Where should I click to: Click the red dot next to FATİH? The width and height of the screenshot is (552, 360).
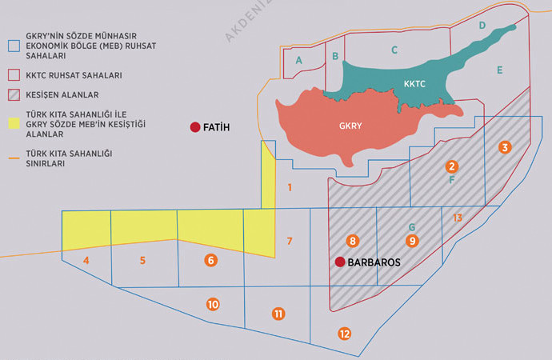coord(194,127)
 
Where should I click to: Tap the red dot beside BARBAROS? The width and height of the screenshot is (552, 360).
coord(340,262)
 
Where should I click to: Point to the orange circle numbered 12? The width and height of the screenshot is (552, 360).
coord(345,333)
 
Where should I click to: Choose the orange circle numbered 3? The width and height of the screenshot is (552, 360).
coord(504,147)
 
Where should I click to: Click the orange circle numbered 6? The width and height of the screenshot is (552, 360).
coord(210,260)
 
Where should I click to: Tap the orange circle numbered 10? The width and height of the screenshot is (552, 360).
coord(212,304)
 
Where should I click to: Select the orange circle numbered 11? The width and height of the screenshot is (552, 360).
coord(278,314)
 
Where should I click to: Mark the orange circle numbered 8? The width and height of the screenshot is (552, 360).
coord(353,240)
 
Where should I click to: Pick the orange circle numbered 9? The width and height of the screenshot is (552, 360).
coord(412,240)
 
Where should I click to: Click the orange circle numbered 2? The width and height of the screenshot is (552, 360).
coord(452,166)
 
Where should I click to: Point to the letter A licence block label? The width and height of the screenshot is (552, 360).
coord(298,60)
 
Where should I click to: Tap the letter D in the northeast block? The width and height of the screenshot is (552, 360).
coord(482,26)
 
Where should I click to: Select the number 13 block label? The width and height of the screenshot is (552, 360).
coord(457,218)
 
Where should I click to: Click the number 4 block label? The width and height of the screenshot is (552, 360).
coord(86,260)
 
